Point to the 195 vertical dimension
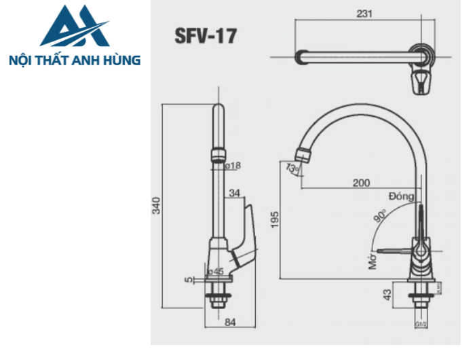pyautogui.click(x=274, y=220)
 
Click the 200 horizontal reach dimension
pyautogui.click(x=361, y=182)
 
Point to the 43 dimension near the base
pyautogui.click(x=387, y=295)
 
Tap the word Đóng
pyautogui.click(x=401, y=196)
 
